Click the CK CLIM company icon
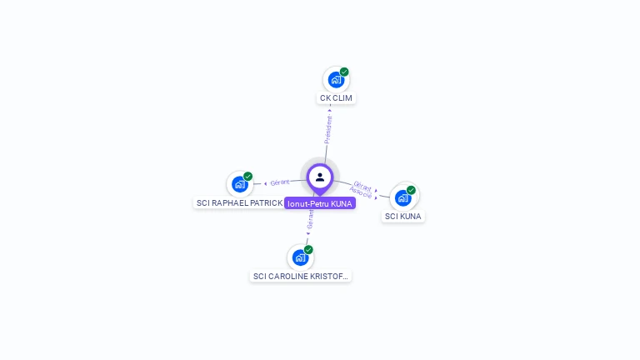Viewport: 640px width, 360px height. [x=336, y=80]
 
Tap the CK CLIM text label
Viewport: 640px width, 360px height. [x=336, y=98]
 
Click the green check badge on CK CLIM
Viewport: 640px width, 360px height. [x=344, y=72]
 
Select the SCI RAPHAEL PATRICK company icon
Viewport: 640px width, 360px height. [x=240, y=184]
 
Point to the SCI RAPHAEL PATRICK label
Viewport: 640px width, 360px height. [x=239, y=202]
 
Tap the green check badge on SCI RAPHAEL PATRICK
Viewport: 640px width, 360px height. [x=248, y=176]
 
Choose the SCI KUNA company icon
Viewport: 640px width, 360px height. [x=403, y=197]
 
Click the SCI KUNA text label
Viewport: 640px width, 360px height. [x=403, y=216]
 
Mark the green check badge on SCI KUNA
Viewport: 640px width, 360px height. [x=412, y=190]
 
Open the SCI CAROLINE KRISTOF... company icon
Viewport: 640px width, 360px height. [x=300, y=257]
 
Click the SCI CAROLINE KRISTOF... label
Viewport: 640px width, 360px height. [x=300, y=276]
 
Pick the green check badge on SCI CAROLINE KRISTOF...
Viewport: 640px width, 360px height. [x=309, y=249]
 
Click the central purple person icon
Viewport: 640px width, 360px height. [x=320, y=177]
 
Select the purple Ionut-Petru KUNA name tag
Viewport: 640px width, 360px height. [x=320, y=203]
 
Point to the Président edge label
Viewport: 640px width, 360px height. [x=328, y=128]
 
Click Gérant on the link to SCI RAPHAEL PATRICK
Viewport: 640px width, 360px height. [x=280, y=182]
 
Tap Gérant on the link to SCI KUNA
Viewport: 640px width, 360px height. [x=362, y=185]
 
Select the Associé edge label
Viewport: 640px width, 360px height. [x=361, y=192]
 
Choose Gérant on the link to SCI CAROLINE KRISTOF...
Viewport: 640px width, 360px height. [x=310, y=219]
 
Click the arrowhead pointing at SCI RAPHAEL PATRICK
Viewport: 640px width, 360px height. [x=266, y=183]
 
